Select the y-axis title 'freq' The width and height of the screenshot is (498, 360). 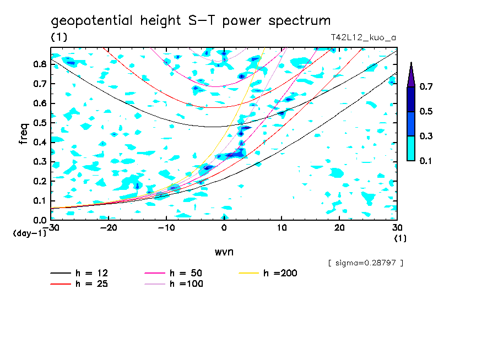pos(24,134)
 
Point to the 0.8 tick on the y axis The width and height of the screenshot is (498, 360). pos(39,64)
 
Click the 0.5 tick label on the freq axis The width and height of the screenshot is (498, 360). pos(39,123)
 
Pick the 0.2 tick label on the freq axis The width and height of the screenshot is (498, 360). pos(39,181)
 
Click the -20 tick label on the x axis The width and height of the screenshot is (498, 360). pos(109,227)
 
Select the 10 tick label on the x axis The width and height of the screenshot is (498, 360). pos(282,227)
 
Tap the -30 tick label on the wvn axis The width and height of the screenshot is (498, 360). pos(51,227)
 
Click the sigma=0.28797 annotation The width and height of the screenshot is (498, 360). pos(365,263)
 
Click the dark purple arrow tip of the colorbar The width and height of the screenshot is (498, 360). pos(411,74)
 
